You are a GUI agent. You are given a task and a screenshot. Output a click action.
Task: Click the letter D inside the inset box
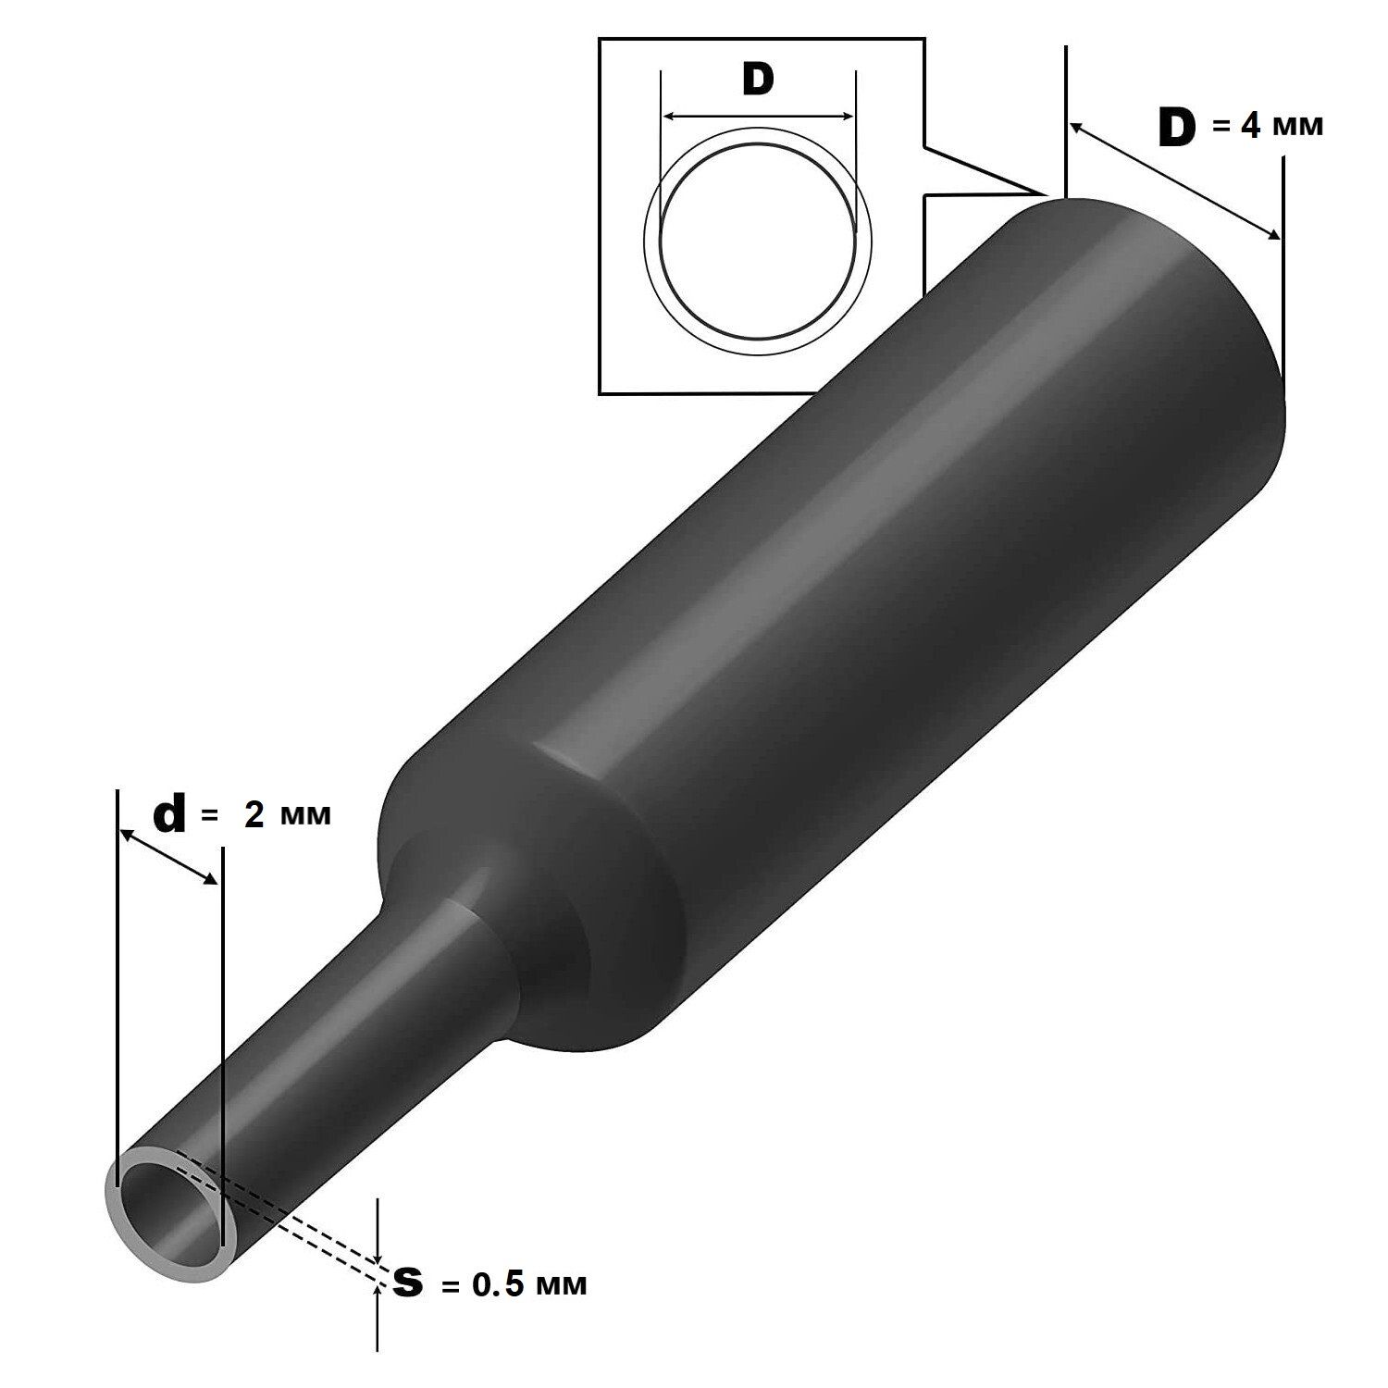757,80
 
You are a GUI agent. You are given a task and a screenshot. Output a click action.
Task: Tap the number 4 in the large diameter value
1250,126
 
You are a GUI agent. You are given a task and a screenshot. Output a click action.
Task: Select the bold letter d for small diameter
169,815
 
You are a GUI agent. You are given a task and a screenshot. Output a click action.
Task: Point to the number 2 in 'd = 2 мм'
254,815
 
